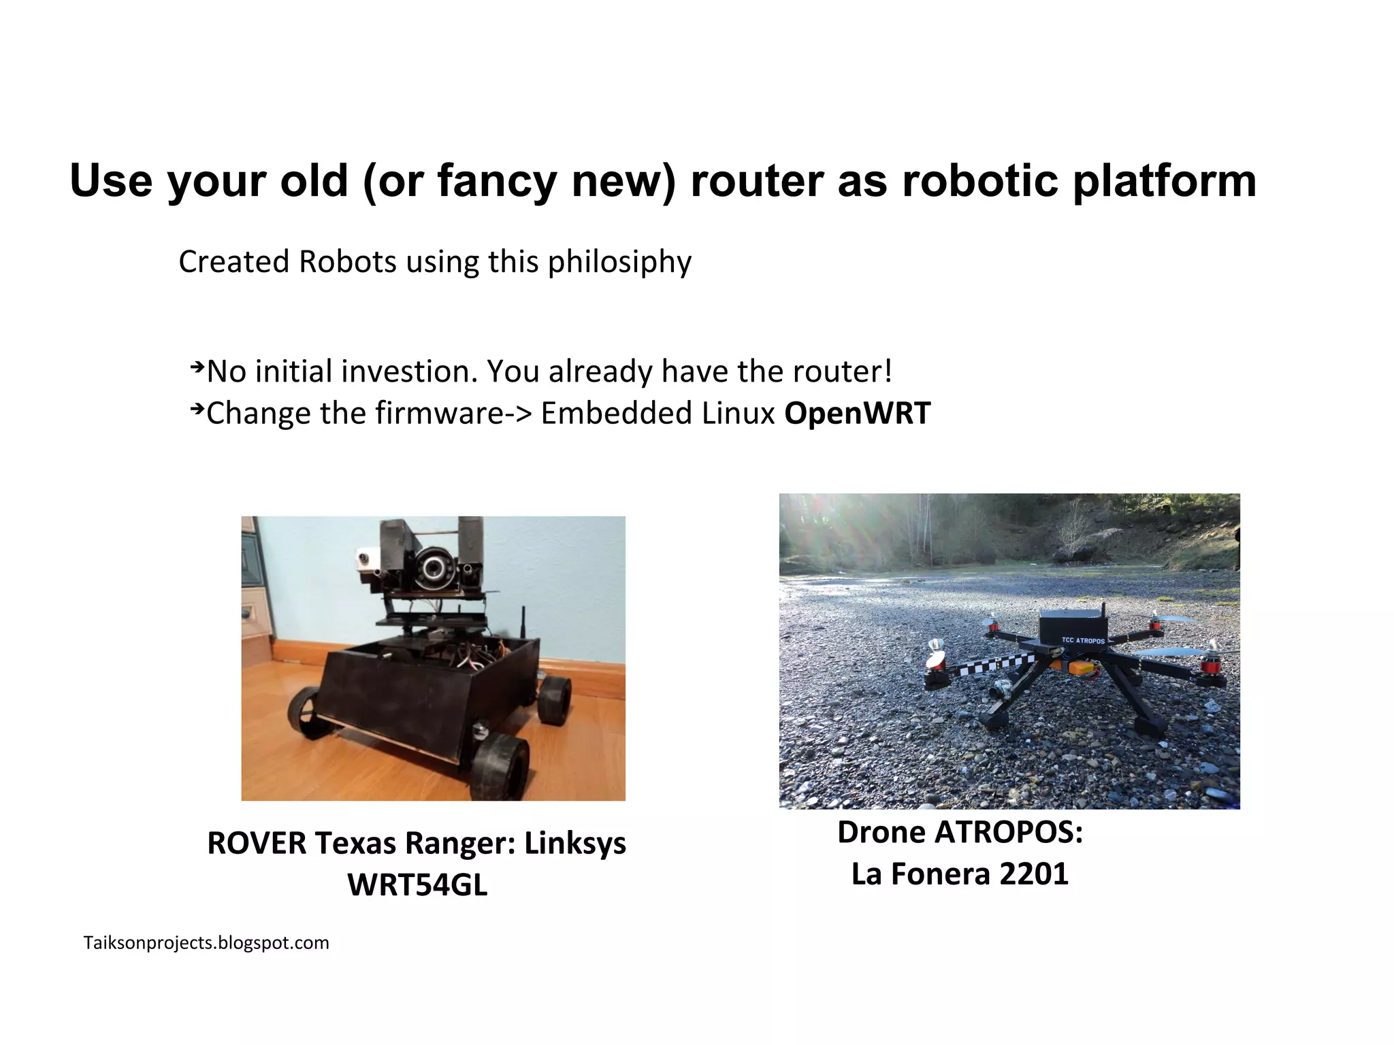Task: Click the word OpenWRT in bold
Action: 857,414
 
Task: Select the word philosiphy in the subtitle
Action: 619,262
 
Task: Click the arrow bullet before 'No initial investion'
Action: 197,368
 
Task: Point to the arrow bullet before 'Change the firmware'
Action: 197,410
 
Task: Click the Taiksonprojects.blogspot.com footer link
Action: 206,943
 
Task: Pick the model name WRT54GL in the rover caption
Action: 417,885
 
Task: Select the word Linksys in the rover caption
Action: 574,844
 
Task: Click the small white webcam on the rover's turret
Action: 365,562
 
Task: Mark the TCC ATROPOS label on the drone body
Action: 1083,640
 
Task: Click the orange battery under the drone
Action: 1082,668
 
